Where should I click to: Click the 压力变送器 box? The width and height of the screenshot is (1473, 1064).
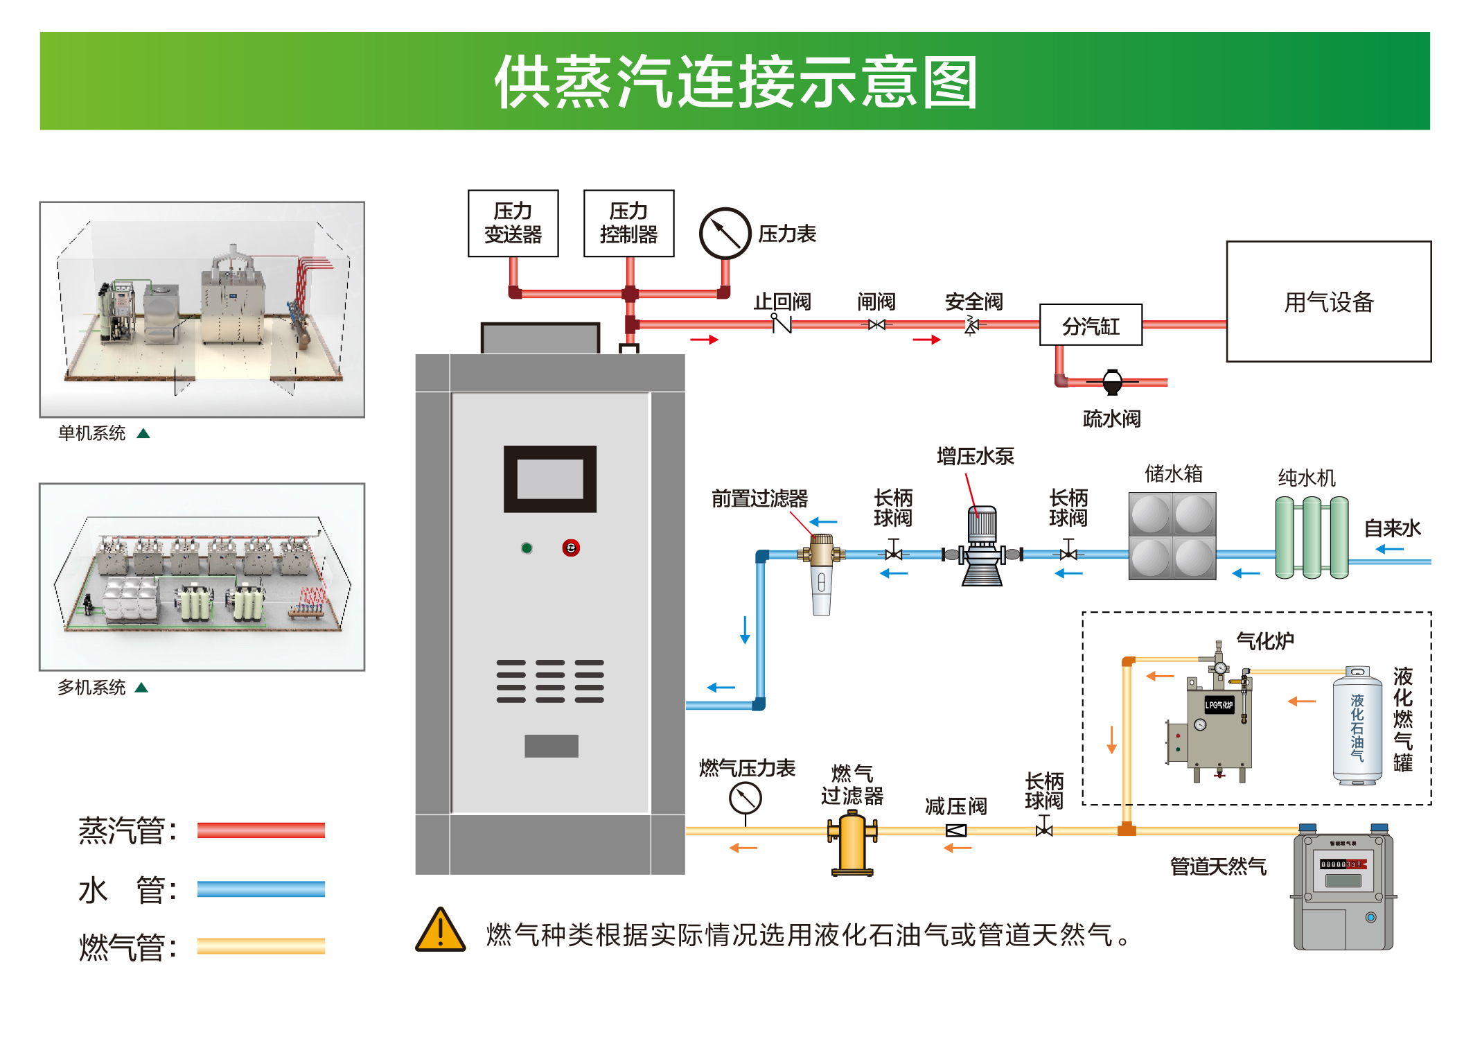(513, 223)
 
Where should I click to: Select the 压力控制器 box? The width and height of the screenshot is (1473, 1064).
(628, 223)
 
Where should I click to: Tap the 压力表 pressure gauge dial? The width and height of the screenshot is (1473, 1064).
(725, 234)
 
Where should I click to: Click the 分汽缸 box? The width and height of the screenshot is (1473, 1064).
(1091, 325)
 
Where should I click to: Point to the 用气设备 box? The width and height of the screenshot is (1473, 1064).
(1328, 302)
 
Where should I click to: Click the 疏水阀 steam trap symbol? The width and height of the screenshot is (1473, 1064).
(1112, 382)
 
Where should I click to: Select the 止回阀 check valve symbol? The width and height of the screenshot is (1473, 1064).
(782, 324)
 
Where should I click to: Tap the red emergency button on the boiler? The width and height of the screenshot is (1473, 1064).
(571, 548)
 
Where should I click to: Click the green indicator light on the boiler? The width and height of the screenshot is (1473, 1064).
(527, 548)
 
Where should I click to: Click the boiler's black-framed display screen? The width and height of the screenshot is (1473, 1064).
(550, 479)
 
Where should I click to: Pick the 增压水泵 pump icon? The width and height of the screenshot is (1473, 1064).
(982, 548)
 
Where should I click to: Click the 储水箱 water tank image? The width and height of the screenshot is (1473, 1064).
(1172, 536)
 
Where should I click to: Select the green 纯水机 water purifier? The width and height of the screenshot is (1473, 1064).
(1311, 537)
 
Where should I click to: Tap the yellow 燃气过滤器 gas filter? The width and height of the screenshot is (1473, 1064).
(852, 844)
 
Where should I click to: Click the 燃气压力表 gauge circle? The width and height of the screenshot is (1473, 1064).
(746, 799)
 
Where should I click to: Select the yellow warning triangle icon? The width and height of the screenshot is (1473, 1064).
(441, 931)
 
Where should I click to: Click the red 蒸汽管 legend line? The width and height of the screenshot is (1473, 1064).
(261, 830)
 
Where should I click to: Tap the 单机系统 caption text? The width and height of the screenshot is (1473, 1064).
(91, 433)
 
